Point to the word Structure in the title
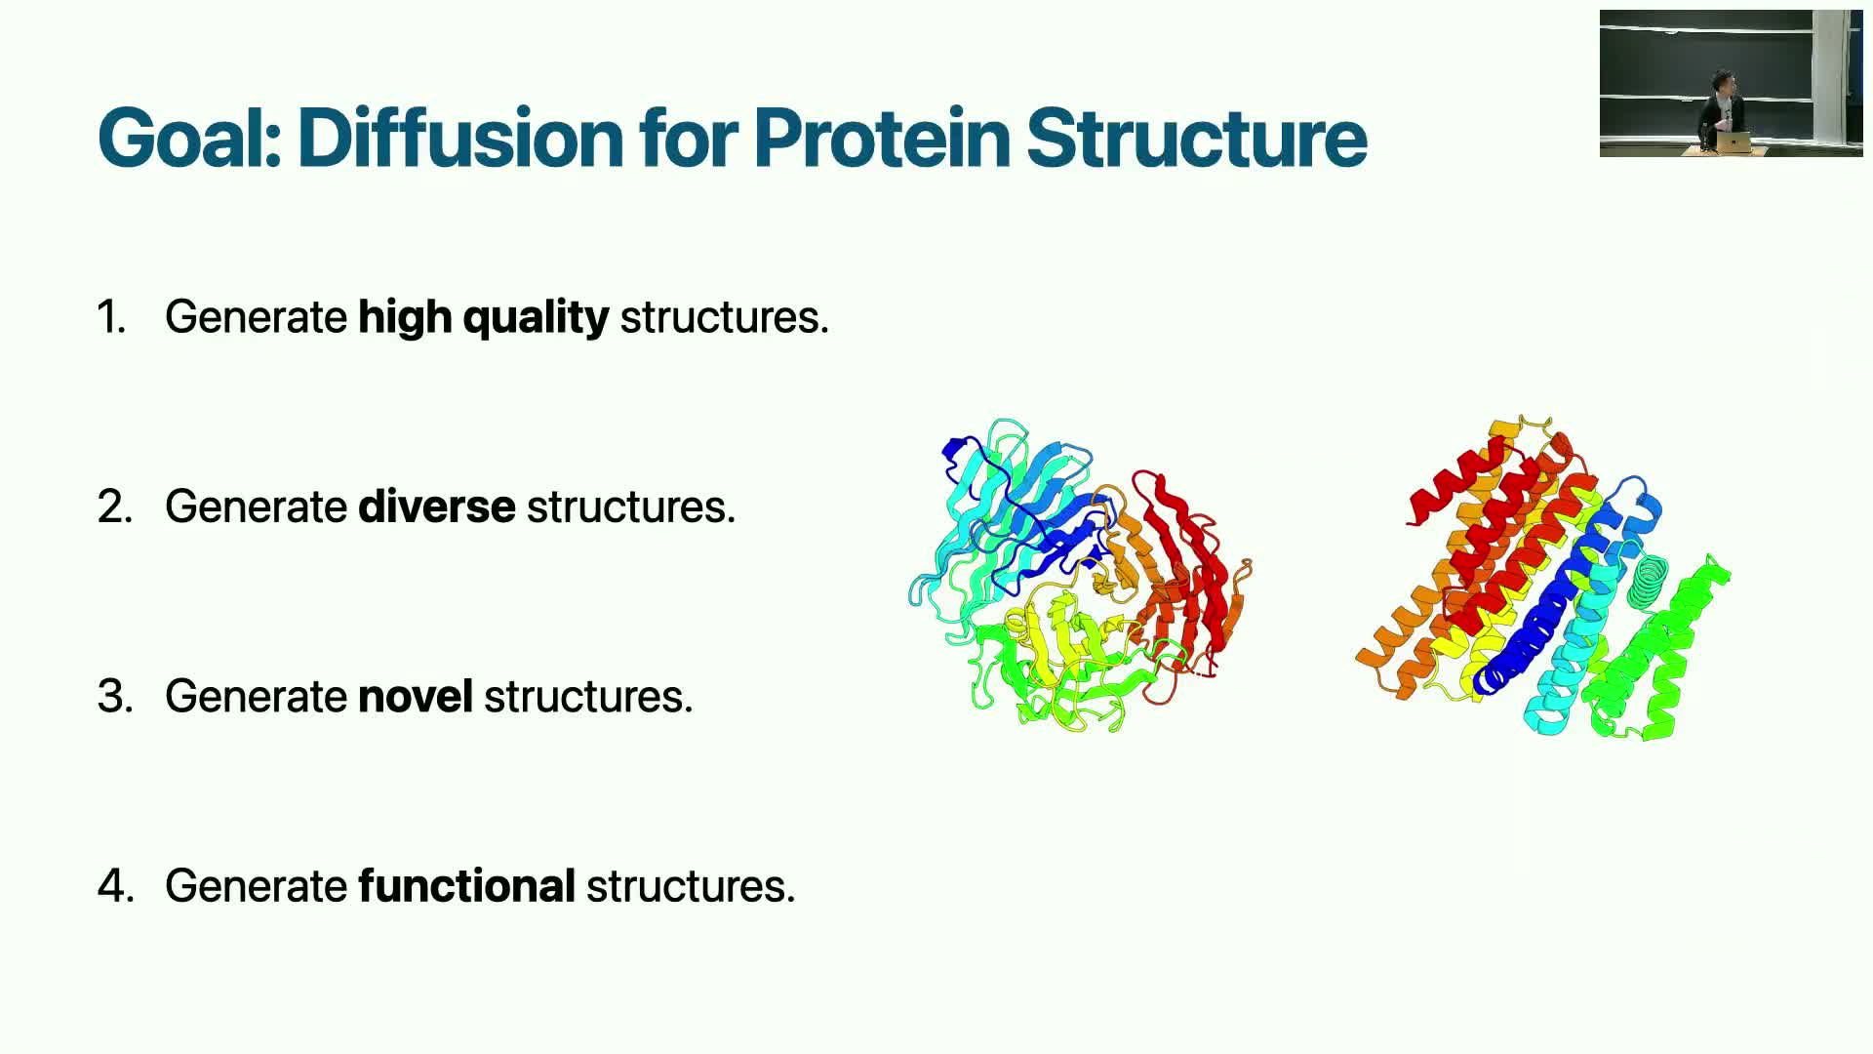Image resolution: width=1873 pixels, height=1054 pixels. pos(1196,137)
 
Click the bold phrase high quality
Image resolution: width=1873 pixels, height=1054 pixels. pos(484,318)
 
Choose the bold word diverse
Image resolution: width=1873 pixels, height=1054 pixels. pos(437,507)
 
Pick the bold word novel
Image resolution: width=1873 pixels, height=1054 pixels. pos(416,697)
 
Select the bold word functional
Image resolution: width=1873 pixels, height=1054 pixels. pos(467,886)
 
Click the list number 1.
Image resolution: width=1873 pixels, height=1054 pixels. pos(111,317)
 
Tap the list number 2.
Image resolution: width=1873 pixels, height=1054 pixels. pos(114,507)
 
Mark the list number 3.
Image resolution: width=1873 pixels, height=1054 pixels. pos(114,697)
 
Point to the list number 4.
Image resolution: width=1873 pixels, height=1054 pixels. pos(115,886)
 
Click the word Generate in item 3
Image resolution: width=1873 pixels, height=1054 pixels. pos(256,697)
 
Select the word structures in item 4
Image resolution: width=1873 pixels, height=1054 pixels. pos(691,886)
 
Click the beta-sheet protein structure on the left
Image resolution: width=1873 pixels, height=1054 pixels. pos(1080,576)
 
